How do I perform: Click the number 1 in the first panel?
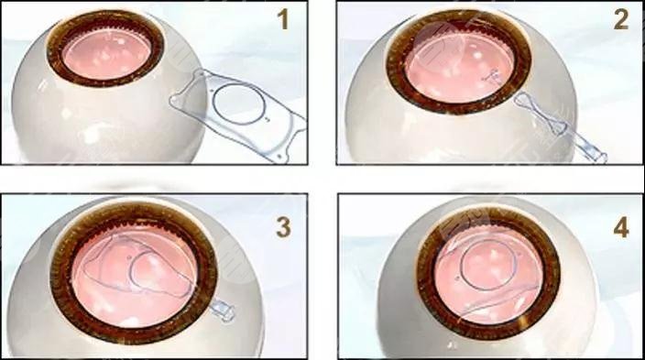pyautogui.click(x=283, y=19)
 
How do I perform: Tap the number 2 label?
pyautogui.click(x=621, y=19)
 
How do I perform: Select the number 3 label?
pyautogui.click(x=283, y=227)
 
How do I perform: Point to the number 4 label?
pyautogui.click(x=621, y=227)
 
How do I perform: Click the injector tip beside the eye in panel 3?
pyautogui.click(x=223, y=311)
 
